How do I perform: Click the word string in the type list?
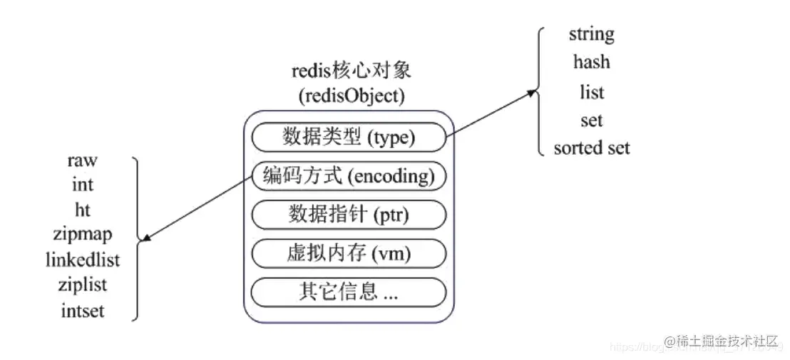[591, 34]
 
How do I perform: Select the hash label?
[591, 62]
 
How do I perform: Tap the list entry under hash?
[591, 92]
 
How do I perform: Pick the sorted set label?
[591, 148]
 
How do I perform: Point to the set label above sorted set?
[591, 120]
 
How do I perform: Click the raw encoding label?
[82, 160]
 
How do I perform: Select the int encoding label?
[82, 185]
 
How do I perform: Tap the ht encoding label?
[82, 210]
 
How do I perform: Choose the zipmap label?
[82, 234]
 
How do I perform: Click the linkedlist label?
[83, 259]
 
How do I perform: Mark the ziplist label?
[82, 284]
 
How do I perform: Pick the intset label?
[82, 310]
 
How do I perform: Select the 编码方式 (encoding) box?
[349, 176]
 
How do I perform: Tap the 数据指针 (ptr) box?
[349, 215]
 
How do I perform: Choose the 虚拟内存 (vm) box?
[349, 253]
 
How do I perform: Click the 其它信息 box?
[349, 292]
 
